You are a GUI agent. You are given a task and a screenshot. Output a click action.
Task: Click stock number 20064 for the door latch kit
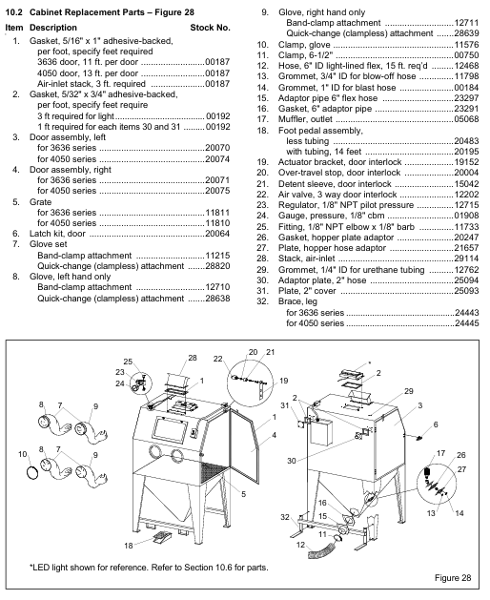coord(217,234)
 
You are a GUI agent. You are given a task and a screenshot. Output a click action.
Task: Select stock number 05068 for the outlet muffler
coord(466,119)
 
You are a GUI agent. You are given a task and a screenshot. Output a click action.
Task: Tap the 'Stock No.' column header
coord(210,28)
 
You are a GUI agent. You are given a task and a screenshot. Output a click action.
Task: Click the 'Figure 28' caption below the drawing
coord(453,578)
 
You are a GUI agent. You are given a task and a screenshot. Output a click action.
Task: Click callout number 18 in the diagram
coord(128,546)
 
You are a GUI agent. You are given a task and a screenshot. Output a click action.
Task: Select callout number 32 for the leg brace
coord(285,517)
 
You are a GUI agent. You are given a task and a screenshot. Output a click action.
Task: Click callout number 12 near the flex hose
coord(300,545)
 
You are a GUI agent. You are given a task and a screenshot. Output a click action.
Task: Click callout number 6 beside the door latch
coord(436,424)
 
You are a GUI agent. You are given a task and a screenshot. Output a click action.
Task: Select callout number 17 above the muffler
coord(440,453)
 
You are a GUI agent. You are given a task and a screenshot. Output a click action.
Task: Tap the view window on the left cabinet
coord(170,429)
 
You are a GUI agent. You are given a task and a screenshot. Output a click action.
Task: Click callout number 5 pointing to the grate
coord(243,494)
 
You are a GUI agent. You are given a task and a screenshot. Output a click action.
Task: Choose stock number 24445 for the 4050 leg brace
coord(466,323)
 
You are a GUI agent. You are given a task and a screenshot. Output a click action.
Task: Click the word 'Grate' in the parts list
coord(40,202)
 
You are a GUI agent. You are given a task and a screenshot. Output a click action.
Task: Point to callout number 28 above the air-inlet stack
coord(193,358)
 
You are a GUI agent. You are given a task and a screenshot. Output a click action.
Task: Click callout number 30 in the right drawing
coord(292,461)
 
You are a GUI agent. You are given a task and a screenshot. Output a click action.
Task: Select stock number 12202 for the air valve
coord(466,195)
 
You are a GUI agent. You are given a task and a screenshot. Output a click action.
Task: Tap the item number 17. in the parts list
coord(263,119)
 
